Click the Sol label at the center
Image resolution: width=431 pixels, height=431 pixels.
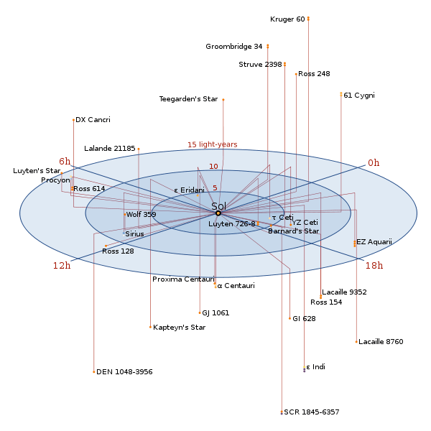(218, 206)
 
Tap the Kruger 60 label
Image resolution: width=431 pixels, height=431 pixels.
(287, 19)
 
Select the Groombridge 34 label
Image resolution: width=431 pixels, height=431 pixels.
(234, 47)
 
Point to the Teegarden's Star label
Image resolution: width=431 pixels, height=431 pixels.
(188, 99)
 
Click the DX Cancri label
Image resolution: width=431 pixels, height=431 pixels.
(93, 120)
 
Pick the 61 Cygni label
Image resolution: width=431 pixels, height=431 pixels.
(359, 95)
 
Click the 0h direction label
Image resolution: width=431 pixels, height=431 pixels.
(374, 163)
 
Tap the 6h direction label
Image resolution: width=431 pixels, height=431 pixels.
(65, 162)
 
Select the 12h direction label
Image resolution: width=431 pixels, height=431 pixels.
(62, 266)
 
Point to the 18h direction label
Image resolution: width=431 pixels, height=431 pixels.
(374, 266)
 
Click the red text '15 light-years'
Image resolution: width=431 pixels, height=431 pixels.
(213, 144)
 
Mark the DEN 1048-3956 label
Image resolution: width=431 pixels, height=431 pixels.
(124, 372)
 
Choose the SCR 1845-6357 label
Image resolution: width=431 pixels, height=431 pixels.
(312, 412)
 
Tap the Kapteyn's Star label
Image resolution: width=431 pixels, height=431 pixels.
(180, 328)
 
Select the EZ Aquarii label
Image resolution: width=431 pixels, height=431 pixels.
(374, 242)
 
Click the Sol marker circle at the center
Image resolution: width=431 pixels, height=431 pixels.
(218, 213)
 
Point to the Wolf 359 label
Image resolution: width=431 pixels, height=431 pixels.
(141, 215)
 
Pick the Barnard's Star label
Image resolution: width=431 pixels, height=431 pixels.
(293, 231)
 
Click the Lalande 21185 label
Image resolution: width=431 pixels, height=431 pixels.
(109, 149)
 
